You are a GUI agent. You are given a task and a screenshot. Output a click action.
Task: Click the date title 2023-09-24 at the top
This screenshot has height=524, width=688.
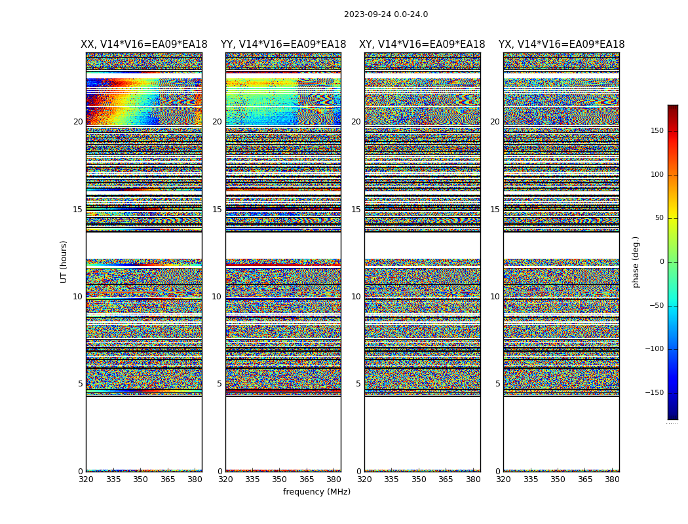pos(386,14)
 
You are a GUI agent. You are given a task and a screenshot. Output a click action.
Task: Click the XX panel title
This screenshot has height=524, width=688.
pos(143,45)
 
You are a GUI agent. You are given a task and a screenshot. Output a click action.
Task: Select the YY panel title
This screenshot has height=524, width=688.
pos(283,45)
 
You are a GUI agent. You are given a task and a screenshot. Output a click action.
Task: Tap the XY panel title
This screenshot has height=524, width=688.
pos(422,45)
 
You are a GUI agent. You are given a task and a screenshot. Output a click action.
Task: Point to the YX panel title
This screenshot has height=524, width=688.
pos(562,45)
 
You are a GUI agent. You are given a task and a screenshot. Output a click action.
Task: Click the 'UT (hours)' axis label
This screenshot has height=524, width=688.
pos(64,261)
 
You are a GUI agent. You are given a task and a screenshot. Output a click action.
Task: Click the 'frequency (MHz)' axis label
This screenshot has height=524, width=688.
pos(316,492)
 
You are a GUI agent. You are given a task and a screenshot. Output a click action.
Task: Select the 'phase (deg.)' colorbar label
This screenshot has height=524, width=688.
pos(636,261)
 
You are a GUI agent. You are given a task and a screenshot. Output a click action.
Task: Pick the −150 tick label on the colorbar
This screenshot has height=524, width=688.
pos(654,393)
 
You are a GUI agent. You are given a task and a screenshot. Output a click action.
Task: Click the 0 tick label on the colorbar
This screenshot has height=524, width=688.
pos(661,262)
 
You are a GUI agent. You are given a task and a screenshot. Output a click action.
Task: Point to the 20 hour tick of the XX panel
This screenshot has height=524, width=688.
pos(78,122)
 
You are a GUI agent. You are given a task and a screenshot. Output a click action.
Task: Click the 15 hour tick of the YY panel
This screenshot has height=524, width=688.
pos(217,210)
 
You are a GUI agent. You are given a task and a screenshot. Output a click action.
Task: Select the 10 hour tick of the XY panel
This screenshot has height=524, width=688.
pos(356,297)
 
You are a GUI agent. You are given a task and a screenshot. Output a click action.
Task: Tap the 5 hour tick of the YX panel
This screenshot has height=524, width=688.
pos(497,384)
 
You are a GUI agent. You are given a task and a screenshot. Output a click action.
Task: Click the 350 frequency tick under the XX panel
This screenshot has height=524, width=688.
pos(140,479)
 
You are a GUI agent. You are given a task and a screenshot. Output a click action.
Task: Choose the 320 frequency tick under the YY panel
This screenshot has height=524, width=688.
pos(225,479)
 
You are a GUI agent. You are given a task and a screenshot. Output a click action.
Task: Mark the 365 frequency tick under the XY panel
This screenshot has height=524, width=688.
pos(446,479)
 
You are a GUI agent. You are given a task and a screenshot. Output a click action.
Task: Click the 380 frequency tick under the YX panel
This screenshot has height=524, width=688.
pos(612,479)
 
